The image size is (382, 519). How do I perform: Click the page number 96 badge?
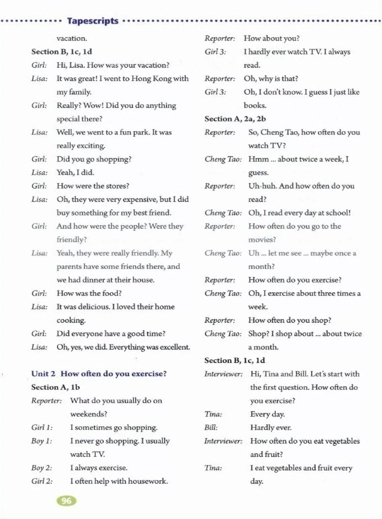coord(66,501)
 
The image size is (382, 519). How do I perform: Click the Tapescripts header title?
coord(93,21)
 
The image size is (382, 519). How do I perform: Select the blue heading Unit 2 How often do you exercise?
coord(99,374)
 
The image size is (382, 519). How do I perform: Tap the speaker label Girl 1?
coord(42,428)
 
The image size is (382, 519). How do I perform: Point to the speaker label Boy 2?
coord(41,468)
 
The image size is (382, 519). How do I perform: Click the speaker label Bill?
coord(211,428)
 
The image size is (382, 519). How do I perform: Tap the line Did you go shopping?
coord(94,159)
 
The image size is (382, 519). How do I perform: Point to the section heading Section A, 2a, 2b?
coord(235,119)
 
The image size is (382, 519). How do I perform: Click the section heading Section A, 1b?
coord(56,387)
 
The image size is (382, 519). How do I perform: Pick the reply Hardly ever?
coord(271,428)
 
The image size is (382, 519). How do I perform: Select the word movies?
coord(262,240)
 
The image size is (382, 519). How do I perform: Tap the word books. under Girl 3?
coord(255,105)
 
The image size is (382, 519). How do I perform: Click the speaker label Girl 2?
coord(42,481)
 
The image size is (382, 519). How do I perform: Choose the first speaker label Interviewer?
coord(223,374)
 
